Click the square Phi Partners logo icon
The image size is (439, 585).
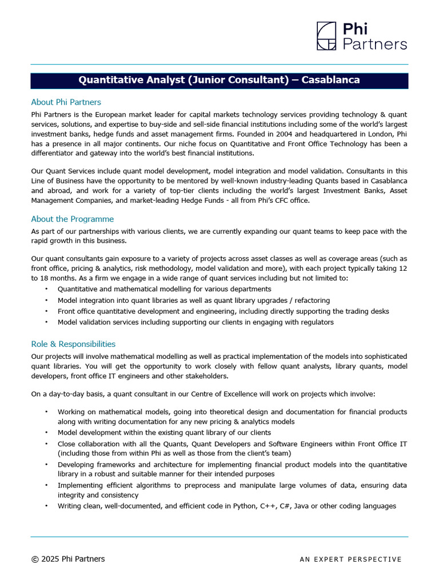[x=327, y=36]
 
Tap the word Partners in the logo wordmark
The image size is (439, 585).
[x=375, y=44]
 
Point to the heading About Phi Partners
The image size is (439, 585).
[x=66, y=102]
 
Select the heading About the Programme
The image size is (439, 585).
[x=72, y=219]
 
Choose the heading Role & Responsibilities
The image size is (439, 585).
[x=73, y=344]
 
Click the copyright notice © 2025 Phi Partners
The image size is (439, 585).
[x=68, y=559]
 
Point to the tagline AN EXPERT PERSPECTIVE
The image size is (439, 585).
[x=350, y=559]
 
